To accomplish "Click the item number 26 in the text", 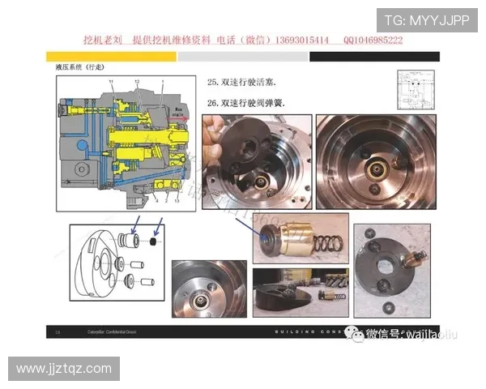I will [213, 103].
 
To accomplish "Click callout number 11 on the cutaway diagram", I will [111, 83].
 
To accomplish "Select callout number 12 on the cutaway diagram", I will [138, 83].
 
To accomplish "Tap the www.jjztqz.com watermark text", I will [64, 369].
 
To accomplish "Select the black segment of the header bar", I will [374, 58].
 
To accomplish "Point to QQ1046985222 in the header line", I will [373, 40].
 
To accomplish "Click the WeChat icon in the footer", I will [354, 332].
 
